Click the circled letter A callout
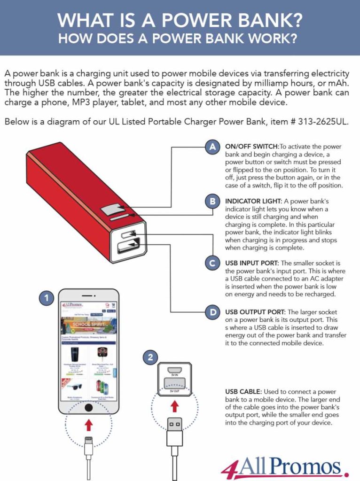click(x=213, y=147)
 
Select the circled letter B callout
click(x=213, y=202)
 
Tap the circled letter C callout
click(x=213, y=263)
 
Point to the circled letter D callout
click(x=213, y=312)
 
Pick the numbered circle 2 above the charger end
click(x=150, y=357)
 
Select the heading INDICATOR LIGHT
click(x=252, y=202)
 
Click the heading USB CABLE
click(x=243, y=391)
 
